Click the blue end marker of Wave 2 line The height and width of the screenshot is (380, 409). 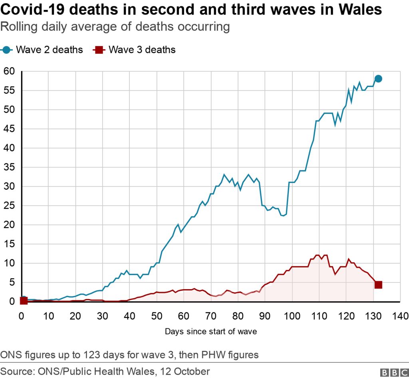(x=378, y=79)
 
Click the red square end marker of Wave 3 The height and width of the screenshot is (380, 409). (x=378, y=285)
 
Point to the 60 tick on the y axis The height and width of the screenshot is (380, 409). (x=9, y=71)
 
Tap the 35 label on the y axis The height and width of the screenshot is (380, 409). (x=9, y=167)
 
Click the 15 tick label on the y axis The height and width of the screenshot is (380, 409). (x=9, y=244)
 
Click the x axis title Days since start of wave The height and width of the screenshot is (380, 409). (x=210, y=331)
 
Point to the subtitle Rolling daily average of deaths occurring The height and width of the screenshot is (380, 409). (x=115, y=27)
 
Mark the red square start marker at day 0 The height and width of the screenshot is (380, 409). (x=23, y=300)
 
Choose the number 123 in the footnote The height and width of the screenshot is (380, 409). (x=92, y=354)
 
